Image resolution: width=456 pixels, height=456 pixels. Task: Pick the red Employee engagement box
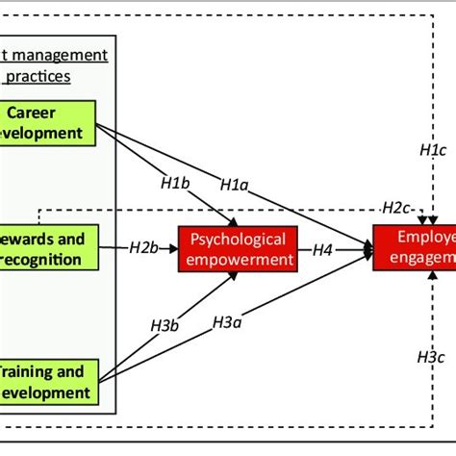click(415, 248)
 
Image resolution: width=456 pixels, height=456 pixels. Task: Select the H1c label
click(433, 150)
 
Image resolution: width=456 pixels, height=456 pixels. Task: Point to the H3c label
click(431, 356)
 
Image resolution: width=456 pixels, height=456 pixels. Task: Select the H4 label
click(324, 249)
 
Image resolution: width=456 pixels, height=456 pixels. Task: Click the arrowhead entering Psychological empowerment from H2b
click(200, 248)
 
